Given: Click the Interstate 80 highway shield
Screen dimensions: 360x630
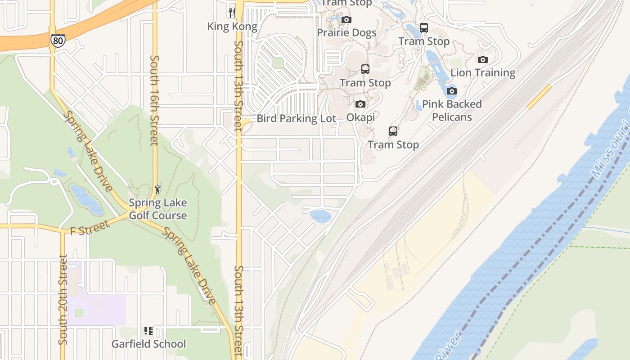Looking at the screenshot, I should coord(57,40).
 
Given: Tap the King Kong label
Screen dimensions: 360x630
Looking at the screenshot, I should coord(232,27).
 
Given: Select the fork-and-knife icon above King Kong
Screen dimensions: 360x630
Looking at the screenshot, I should coord(232,12).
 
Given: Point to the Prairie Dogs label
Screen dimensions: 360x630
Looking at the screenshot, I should coord(346,32).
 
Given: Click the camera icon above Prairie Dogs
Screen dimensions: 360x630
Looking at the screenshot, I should coord(346,19).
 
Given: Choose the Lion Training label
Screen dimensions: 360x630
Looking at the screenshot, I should coord(482,72).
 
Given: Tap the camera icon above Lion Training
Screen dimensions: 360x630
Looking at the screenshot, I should coord(482,59).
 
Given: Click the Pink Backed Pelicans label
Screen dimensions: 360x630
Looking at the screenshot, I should coord(451,111).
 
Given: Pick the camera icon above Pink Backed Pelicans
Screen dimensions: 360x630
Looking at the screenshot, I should coord(451,91).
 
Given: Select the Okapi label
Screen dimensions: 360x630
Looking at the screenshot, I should coord(360,117).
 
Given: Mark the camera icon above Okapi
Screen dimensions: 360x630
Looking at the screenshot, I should coord(360,104).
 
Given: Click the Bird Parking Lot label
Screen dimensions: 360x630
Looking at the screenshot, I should coord(296,118).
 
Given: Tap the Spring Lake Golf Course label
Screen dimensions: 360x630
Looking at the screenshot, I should coord(157,209).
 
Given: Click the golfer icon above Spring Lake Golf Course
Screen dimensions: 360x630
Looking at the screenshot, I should coord(157,189).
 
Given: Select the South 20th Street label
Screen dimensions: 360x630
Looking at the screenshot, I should coord(63,300).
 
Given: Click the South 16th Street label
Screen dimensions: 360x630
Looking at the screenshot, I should coord(154,100).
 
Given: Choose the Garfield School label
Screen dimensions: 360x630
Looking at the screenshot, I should coord(148,344).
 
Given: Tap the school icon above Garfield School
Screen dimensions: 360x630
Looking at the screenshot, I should coord(148,331).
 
